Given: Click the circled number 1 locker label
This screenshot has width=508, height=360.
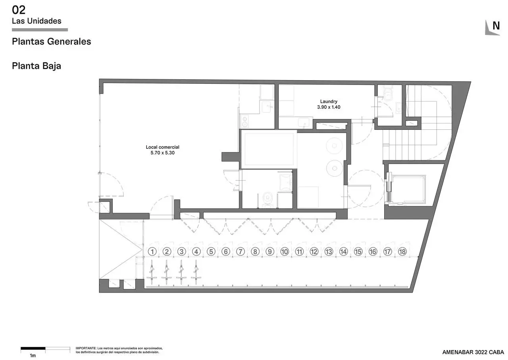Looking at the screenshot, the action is (x=152, y=252).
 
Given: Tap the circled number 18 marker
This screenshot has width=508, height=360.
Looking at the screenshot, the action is (x=402, y=252).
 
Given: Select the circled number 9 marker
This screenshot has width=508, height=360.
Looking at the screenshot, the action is (x=270, y=252).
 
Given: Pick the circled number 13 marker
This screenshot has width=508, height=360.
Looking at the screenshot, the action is (x=329, y=252).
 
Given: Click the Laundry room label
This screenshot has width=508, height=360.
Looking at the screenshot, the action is (x=329, y=101).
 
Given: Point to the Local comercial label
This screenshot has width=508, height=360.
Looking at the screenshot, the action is (x=162, y=147).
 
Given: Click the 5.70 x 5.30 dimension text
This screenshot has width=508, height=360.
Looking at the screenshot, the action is (x=162, y=153).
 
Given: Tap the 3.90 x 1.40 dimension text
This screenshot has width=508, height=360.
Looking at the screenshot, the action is (x=329, y=107).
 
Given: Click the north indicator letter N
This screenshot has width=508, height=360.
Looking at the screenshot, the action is (x=496, y=26).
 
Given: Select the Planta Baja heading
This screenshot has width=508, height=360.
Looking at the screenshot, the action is (x=37, y=66).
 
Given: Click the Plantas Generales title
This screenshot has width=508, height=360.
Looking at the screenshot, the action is (x=52, y=42).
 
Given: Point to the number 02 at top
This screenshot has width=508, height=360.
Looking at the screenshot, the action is (x=19, y=10).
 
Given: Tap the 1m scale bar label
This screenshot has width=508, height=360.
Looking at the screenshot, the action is (x=33, y=356).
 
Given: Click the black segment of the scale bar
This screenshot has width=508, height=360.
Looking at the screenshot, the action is (x=33, y=348).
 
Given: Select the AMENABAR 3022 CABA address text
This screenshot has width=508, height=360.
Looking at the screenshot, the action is (x=473, y=352).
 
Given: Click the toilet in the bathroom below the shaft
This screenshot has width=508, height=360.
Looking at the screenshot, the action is (x=268, y=199).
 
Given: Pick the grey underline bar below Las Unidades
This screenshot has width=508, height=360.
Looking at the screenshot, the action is (x=40, y=30).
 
